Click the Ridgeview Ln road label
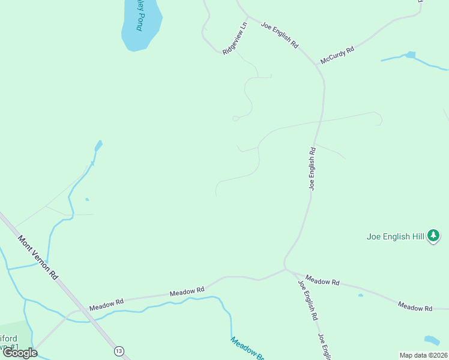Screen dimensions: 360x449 coord(235,40)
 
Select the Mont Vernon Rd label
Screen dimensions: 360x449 coord(38,257)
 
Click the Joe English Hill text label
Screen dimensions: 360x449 coord(396,236)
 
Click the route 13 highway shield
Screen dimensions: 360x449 coord(120,350)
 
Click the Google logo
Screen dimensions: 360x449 coord(20,353)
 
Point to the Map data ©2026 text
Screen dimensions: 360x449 coord(423,355)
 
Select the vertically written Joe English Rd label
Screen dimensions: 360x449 coord(313,169)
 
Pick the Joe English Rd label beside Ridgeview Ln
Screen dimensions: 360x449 coord(279,35)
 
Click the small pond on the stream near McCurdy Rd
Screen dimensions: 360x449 coord(410,55)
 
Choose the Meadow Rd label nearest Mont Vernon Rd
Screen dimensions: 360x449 coord(106,304)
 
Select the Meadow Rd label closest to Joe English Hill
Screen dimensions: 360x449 coord(415,308)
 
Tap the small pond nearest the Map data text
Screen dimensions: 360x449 coord(432,340)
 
